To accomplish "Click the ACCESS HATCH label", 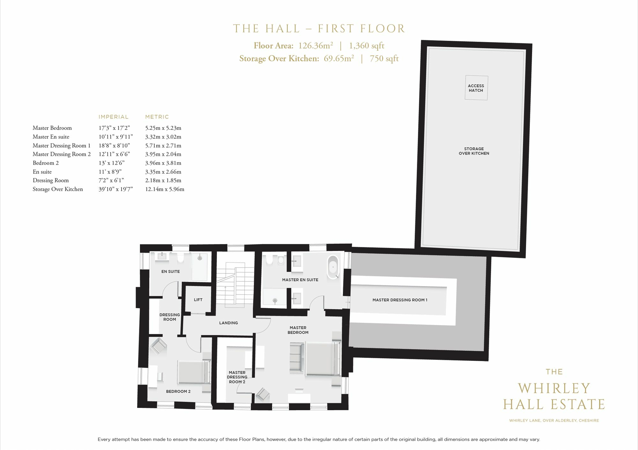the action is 476,88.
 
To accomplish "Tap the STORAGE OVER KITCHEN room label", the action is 474,151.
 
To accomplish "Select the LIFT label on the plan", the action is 198,300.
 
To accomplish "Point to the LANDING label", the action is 228,323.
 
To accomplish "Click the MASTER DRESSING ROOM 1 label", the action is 400,300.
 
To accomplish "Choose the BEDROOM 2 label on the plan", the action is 178,391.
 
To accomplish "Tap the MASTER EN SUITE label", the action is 300,280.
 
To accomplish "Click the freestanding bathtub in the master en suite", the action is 333,267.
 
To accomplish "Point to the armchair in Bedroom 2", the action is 158,346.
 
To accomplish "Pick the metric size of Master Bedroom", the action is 163,128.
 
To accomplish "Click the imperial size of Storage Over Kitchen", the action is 115,189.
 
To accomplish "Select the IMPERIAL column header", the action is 113,117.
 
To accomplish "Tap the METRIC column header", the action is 157,117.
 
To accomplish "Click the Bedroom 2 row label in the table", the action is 46,163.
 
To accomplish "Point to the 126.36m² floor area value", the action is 315,46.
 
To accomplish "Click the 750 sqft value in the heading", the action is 384,59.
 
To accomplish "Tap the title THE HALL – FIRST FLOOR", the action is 319,29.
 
